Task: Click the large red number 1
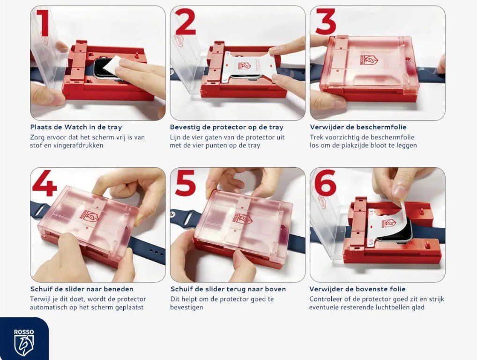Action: tap(43, 22)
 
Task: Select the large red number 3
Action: tap(326, 22)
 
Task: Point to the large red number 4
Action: tap(45, 183)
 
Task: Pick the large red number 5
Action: tap(185, 183)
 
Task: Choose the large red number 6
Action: tap(326, 183)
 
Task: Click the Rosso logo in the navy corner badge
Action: tap(24, 342)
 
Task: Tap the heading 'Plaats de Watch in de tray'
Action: tap(76, 127)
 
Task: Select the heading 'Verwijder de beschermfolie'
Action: tap(358, 127)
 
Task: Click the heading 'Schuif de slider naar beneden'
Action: tap(82, 289)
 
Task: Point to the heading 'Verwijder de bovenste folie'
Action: tap(358, 289)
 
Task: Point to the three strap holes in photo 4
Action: tap(156, 252)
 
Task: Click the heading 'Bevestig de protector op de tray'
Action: tap(227, 127)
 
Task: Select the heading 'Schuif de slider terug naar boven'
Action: tap(228, 289)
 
